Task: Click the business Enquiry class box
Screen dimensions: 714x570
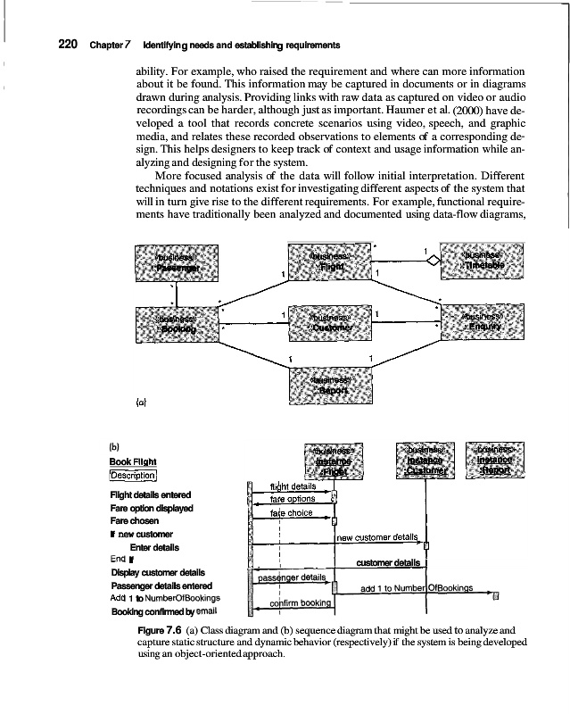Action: (484, 323)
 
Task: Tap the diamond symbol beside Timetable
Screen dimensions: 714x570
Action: (434, 260)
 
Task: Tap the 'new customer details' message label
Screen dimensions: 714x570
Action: (376, 537)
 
